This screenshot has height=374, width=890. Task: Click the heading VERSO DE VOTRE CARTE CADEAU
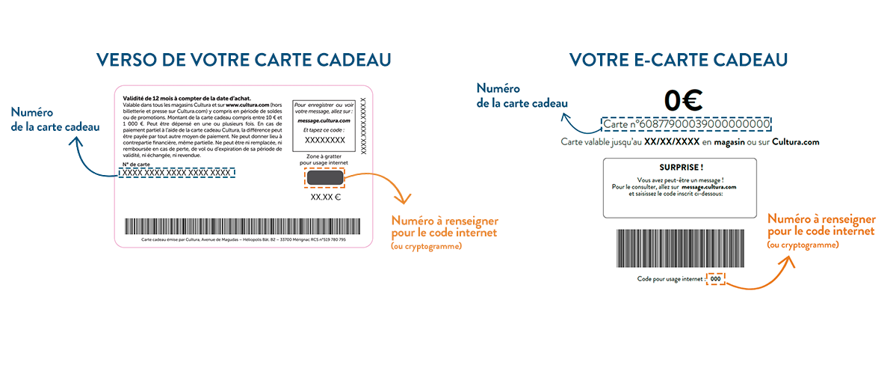click(x=244, y=60)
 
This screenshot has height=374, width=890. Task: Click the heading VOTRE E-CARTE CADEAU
click(x=679, y=60)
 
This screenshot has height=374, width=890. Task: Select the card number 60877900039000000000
click(x=687, y=124)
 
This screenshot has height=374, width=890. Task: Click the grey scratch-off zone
click(x=324, y=179)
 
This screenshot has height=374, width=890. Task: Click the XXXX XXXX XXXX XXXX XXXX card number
click(x=176, y=173)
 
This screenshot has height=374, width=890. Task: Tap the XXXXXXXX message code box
click(x=325, y=140)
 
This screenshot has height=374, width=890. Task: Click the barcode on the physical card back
click(x=244, y=227)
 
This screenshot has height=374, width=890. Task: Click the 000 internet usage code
click(x=715, y=279)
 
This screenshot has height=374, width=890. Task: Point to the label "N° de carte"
click(x=134, y=163)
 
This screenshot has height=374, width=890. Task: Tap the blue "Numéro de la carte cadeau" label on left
click(x=55, y=120)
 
